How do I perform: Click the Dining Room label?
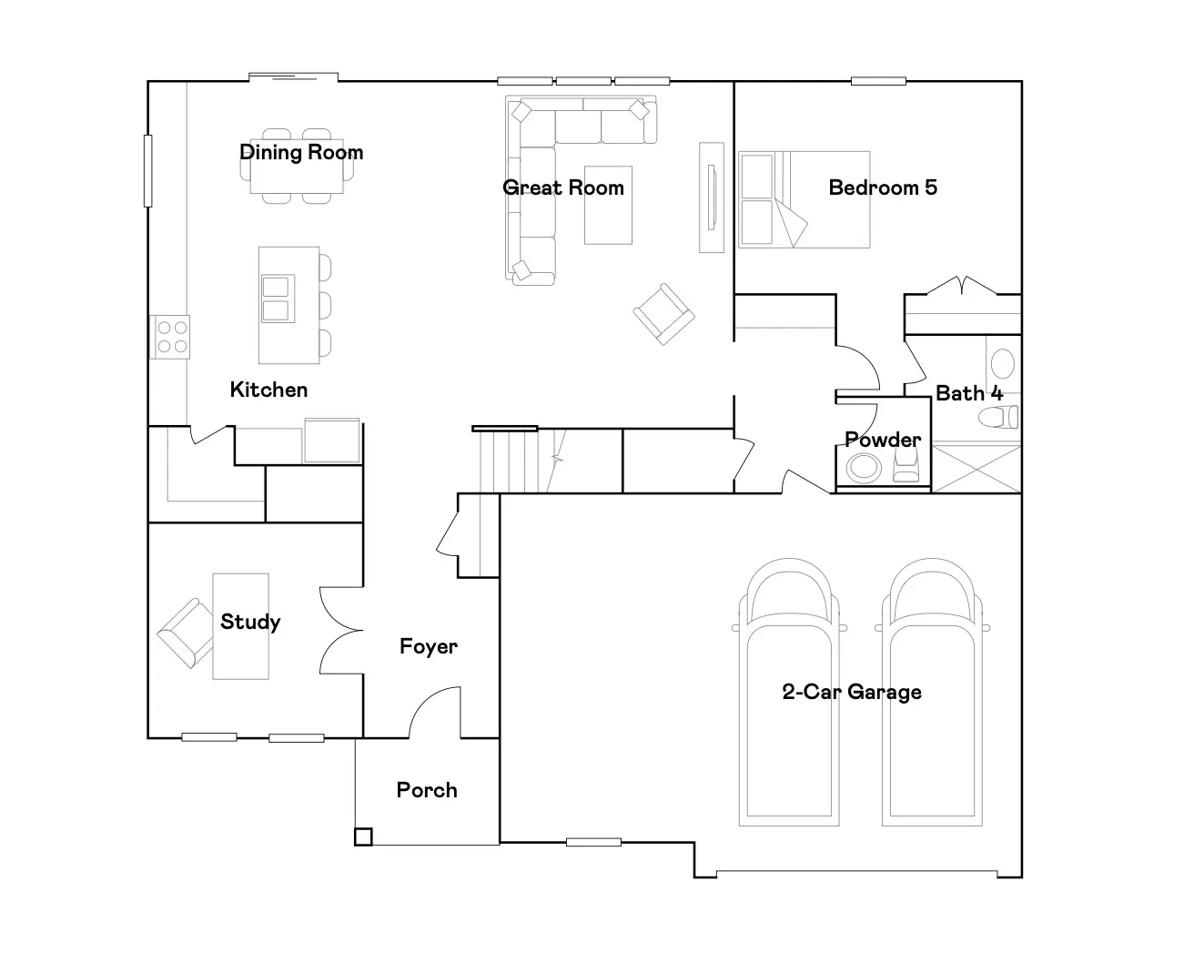[x=301, y=152]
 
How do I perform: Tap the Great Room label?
[x=562, y=188]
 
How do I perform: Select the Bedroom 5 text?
[x=883, y=188]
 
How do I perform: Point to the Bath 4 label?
[x=968, y=393]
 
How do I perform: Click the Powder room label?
[x=883, y=440]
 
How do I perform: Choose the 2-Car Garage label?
[x=852, y=692]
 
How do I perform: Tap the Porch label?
[x=427, y=790]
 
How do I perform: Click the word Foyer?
[x=429, y=646]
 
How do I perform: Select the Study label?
[x=250, y=622]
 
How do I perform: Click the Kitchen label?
[x=268, y=390]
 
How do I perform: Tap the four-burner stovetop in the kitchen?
[x=170, y=337]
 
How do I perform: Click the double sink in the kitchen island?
[x=278, y=299]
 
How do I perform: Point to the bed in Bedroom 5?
[x=804, y=199]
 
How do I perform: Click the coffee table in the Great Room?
[x=608, y=205]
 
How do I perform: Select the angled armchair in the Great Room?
[x=663, y=314]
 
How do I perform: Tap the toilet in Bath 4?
[x=998, y=417]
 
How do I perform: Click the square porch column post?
[x=363, y=836]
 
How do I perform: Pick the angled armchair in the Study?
[x=185, y=633]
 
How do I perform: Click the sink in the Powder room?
[x=864, y=467]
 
